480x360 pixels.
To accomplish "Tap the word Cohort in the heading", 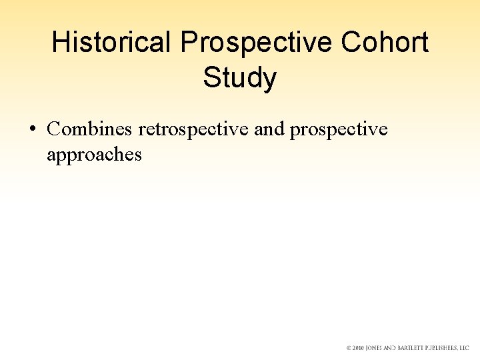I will [385, 43].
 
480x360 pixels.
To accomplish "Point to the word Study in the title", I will [239, 78].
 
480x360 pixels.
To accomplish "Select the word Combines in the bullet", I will [89, 129].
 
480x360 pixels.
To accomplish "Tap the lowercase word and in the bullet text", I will [269, 129].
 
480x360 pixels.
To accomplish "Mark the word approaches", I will [94, 155].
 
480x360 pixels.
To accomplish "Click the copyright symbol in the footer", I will [349, 348].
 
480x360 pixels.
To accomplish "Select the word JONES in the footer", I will [378, 348].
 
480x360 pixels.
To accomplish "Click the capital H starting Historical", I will [60, 43].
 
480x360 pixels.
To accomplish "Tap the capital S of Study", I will [211, 78].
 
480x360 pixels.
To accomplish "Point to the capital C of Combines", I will [53, 129].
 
